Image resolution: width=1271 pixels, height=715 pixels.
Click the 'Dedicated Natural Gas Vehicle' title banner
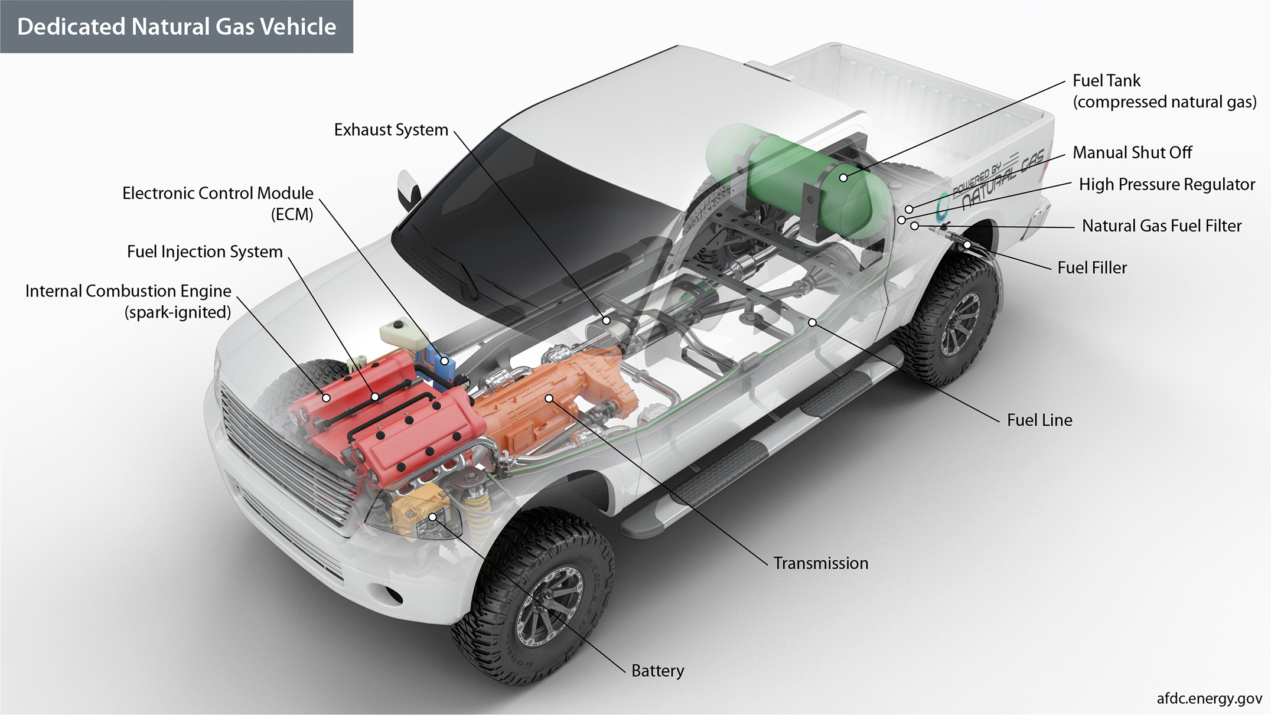[177, 27]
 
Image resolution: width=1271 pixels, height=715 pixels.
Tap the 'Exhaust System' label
[391, 130]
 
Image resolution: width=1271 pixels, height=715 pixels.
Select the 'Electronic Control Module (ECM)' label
[218, 203]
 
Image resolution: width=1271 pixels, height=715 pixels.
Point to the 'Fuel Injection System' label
[204, 252]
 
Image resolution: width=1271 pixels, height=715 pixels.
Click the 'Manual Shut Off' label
[1132, 152]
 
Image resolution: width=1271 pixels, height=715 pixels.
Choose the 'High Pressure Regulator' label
[1166, 184]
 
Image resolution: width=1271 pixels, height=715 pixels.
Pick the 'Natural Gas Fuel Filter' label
[1161, 226]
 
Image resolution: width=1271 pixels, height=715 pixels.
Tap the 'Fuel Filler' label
[1091, 267]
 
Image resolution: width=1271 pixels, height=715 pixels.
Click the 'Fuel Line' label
[1039, 420]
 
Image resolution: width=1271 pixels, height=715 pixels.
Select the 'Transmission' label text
[820, 563]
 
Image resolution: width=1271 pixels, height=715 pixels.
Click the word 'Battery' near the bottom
[657, 671]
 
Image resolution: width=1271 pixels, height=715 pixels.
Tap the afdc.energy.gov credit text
[1208, 698]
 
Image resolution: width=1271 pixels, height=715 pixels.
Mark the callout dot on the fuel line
[813, 322]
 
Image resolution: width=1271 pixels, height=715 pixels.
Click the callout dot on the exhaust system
[607, 321]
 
